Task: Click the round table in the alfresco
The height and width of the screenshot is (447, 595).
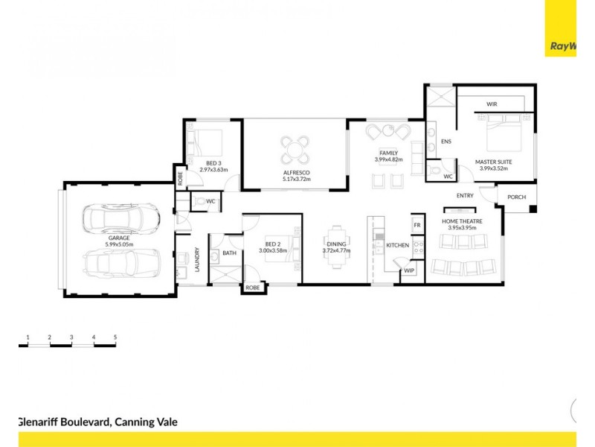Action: point(296,148)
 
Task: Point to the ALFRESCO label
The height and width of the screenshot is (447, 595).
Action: point(296,172)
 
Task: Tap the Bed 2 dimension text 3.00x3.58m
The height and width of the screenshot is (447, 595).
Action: point(272,251)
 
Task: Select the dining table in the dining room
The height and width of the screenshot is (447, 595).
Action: point(338,244)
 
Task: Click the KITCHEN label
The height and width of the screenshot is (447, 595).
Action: point(397,245)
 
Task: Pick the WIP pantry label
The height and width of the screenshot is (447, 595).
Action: point(409,271)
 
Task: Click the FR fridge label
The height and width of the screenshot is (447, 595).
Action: point(417,224)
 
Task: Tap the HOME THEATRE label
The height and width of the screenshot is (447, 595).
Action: point(463,221)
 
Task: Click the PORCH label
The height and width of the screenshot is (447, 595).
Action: point(516,197)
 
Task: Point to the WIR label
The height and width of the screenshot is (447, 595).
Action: point(492,104)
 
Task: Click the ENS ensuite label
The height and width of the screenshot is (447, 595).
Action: point(446,141)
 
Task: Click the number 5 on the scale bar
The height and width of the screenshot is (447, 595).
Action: point(115,337)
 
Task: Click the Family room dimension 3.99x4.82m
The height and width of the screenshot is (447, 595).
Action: point(388,159)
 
